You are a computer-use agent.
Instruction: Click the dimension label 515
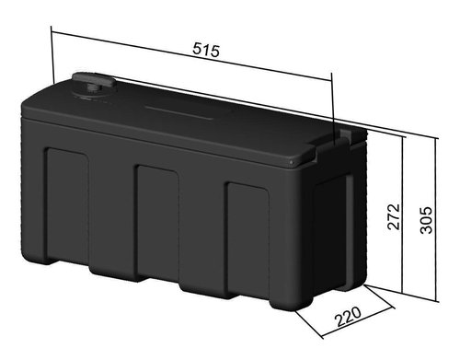click(206, 50)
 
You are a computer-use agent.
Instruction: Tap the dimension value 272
click(394, 216)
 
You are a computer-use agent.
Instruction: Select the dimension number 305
click(426, 220)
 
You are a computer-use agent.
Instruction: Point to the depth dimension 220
click(349, 317)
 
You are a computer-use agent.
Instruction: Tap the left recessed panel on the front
click(67, 204)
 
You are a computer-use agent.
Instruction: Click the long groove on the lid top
click(179, 112)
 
